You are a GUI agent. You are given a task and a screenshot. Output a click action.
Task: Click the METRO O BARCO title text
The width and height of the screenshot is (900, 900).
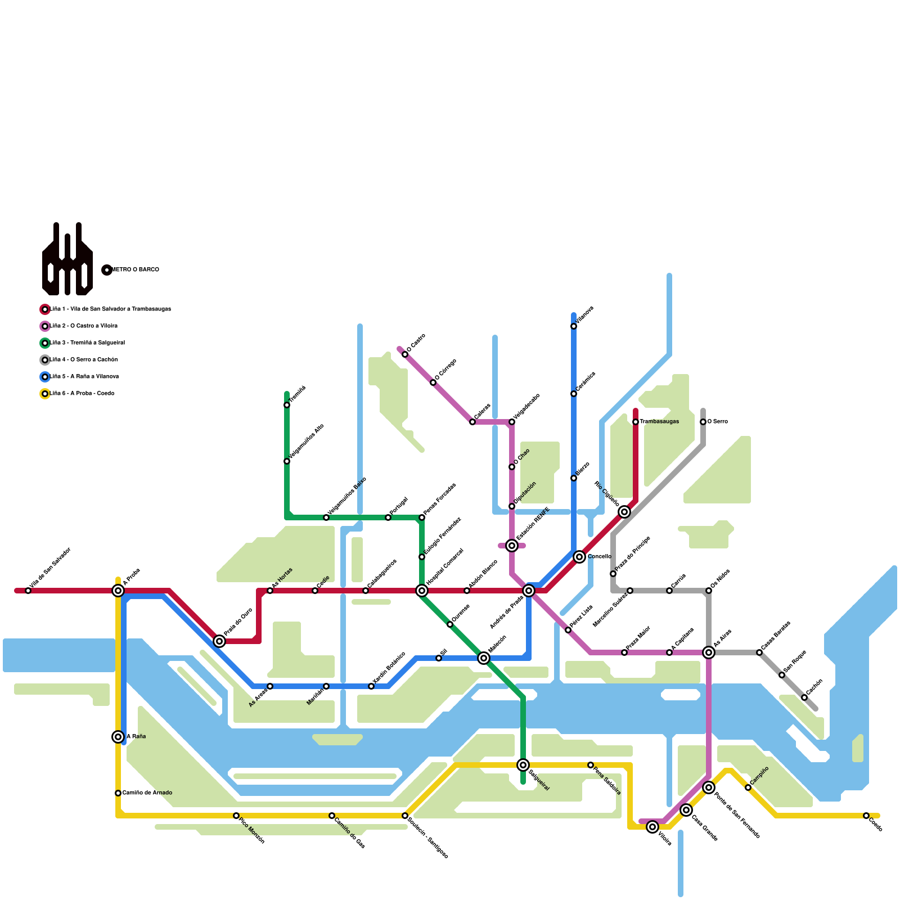coord(136,270)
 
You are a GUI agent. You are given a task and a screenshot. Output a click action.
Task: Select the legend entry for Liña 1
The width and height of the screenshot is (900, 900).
coord(110,309)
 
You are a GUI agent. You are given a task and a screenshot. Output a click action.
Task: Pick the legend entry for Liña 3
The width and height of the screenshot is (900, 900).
coord(87,343)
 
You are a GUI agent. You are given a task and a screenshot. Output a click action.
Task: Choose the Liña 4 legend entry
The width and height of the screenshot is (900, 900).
coord(84,360)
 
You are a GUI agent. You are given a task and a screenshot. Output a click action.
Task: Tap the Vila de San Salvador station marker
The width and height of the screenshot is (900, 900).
coord(28,591)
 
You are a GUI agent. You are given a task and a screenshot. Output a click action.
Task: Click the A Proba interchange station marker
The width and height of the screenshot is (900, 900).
coord(118,591)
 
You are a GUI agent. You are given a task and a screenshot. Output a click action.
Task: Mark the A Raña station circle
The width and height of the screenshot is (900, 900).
coord(118,737)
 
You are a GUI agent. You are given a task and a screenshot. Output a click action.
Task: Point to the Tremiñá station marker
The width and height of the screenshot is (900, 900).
coord(287,405)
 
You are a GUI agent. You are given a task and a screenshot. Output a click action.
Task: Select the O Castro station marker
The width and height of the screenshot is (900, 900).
coord(405,354)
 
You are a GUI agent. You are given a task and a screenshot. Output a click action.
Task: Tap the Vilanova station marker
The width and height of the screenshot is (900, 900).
coord(574,326)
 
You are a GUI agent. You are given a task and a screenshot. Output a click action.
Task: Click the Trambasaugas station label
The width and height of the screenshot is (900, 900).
coord(659,422)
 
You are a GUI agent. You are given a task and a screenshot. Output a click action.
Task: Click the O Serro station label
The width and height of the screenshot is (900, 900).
coord(717,422)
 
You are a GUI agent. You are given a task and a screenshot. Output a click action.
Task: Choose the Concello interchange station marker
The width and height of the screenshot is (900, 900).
coord(579,557)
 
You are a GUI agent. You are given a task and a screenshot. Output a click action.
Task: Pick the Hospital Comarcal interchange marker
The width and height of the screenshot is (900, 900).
coord(422,591)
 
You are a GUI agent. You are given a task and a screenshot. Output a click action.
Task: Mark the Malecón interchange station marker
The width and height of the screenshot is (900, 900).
coord(484,658)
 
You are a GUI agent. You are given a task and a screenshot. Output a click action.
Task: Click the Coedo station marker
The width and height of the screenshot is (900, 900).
coord(866,816)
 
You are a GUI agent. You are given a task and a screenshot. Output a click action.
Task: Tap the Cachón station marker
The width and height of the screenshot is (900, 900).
coord(804,697)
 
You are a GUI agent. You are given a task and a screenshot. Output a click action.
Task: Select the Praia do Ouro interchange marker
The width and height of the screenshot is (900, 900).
coord(219,641)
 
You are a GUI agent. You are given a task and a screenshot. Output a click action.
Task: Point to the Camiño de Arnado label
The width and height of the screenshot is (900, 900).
coord(147,793)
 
